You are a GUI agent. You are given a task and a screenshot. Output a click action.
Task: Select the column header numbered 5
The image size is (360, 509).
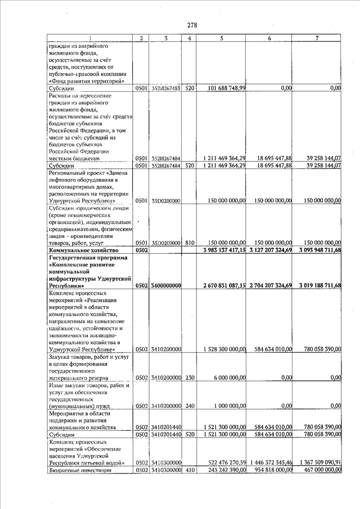click(x=222, y=38)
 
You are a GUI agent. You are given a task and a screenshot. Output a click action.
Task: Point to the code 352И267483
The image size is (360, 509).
click(x=165, y=88)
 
